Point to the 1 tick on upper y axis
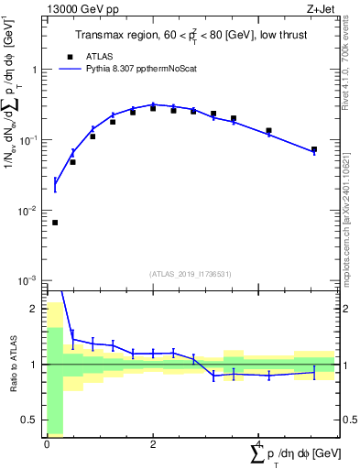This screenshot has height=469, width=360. [37, 70]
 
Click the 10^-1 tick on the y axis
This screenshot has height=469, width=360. [31, 140]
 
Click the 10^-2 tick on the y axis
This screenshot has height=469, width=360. [31, 211]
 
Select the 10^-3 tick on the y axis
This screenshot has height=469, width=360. [31, 280]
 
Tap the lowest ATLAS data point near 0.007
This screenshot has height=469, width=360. [55, 223]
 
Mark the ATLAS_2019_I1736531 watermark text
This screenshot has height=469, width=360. [191, 273]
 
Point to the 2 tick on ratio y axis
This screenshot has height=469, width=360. [37, 309]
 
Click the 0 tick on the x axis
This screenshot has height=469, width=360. [47, 443]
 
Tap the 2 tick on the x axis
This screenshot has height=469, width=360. [153, 443]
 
